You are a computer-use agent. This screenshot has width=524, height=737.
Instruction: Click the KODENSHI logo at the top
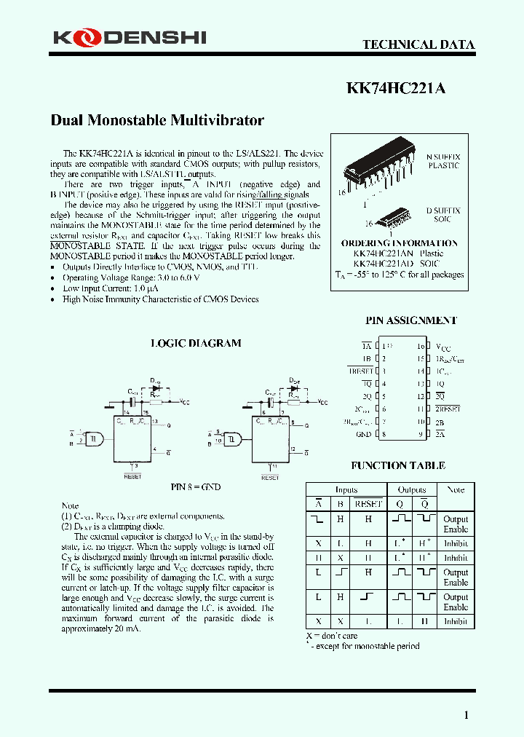129,38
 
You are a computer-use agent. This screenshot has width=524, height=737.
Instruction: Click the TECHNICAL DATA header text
418,44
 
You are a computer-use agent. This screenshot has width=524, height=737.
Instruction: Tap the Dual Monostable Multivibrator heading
157,120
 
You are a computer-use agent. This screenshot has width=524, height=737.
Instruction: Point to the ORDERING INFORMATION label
400,243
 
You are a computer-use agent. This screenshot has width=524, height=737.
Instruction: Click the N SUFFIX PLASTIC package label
442,161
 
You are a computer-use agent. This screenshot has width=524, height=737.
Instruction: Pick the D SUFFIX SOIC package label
442,214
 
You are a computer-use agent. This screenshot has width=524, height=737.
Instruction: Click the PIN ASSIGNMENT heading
410,320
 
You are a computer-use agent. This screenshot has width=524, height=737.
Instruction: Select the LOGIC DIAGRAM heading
195,343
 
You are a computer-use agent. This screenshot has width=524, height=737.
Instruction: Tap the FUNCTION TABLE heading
398,466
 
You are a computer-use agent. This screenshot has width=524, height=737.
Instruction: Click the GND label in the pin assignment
362,435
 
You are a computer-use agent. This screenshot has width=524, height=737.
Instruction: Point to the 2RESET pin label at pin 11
448,409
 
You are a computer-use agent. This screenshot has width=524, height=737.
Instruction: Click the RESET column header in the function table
368,503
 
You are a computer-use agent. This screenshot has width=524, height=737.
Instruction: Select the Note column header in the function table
456,490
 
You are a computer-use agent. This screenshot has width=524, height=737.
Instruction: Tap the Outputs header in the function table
412,490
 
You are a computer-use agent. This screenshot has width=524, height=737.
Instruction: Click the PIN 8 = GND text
196,486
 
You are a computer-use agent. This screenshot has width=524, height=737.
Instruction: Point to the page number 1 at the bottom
467,715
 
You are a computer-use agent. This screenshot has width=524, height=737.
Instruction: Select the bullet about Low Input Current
111,288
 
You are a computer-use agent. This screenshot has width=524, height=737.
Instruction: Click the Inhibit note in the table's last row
456,621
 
